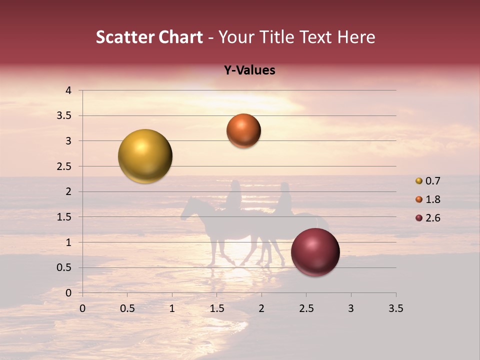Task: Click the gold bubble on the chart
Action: click(145, 156)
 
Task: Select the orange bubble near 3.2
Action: click(243, 131)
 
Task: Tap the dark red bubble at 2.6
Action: click(315, 252)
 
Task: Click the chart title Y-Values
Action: click(249, 70)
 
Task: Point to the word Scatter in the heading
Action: click(125, 37)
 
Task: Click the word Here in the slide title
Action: click(356, 37)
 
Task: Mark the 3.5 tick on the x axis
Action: click(395, 308)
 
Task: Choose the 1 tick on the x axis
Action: click(172, 308)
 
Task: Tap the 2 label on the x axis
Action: click(261, 308)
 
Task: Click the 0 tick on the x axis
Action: click(82, 308)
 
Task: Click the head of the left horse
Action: click(187, 209)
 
